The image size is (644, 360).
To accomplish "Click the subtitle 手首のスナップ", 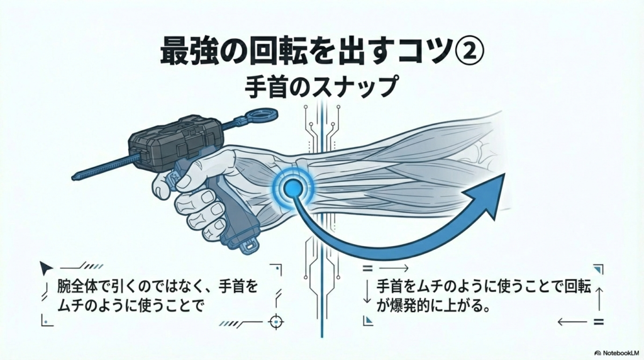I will click(321, 87).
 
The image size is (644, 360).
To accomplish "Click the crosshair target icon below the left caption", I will click(275, 321).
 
